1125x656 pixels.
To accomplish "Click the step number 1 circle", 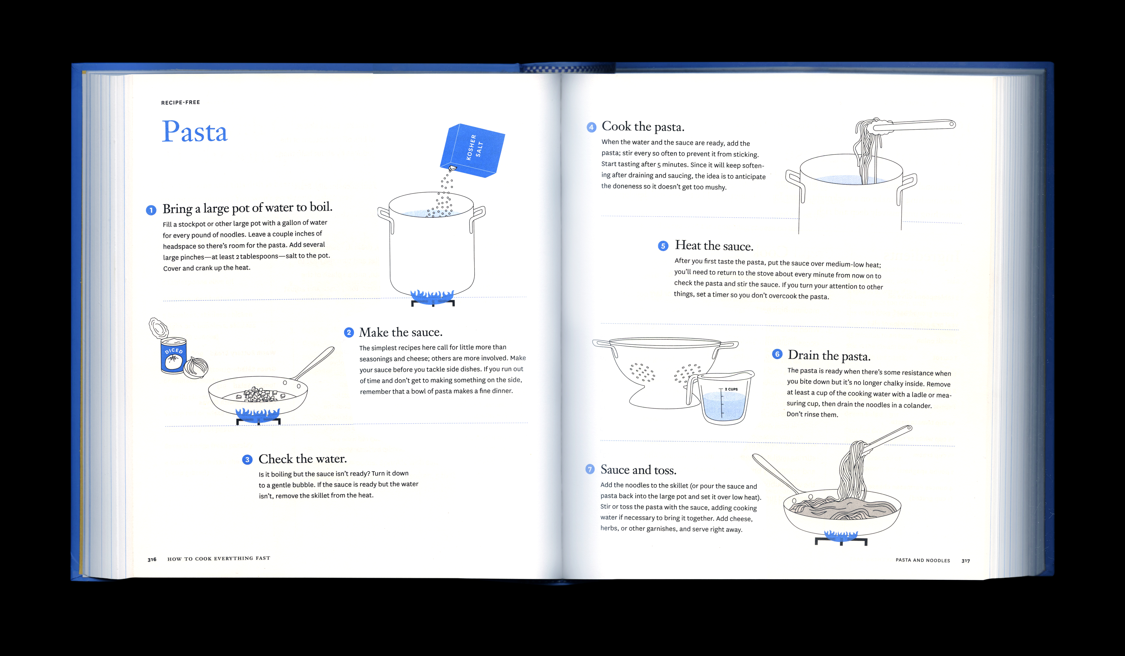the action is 151,210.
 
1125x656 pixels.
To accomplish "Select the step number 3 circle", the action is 247,460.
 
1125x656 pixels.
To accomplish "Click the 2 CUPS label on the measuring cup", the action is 731,389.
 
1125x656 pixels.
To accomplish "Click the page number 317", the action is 966,560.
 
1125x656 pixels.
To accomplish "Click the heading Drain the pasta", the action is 829,356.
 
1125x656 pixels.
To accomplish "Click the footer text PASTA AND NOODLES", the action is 923,560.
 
